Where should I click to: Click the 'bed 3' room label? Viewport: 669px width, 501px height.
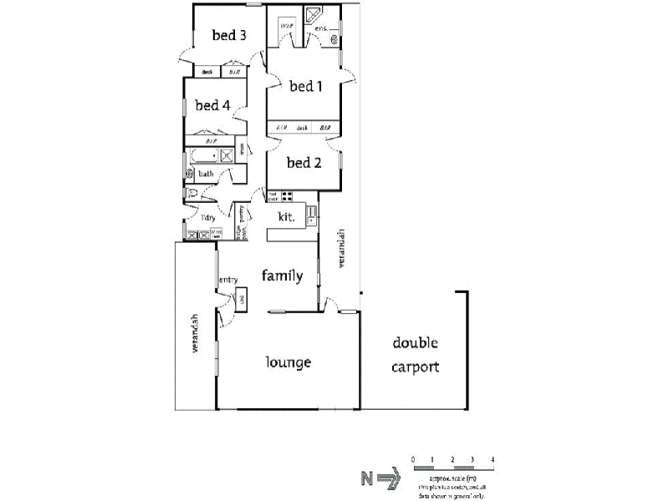point(228,35)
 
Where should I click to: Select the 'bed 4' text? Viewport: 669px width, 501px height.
point(212,105)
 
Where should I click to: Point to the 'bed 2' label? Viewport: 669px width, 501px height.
point(304,163)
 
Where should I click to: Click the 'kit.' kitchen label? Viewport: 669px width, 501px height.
point(284,216)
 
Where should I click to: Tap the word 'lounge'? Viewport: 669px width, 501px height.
point(289,362)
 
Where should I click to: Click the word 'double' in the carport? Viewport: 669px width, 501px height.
point(416,342)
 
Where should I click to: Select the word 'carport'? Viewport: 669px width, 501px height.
point(416,367)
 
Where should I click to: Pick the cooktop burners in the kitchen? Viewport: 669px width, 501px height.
point(287,197)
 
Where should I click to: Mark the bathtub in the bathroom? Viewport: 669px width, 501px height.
point(207,155)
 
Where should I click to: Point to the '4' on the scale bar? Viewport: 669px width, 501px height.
point(493,460)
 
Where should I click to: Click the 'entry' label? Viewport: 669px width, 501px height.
point(227,280)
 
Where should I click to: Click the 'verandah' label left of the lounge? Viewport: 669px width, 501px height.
point(194,333)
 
